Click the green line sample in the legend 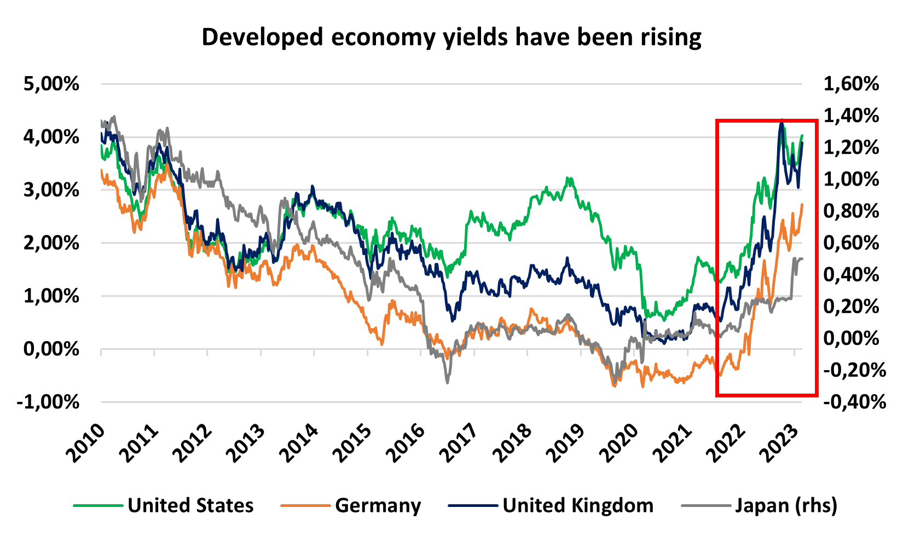(x=99, y=505)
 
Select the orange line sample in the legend (x=305, y=505)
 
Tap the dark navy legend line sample (x=473, y=505)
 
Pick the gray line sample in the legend (x=706, y=505)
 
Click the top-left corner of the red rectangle (x=717, y=120)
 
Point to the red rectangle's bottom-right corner (x=817, y=395)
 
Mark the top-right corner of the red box (x=817, y=120)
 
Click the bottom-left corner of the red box (x=717, y=395)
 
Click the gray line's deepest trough (x=447, y=382)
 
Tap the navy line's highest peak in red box (x=781, y=123)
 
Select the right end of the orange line (x=802, y=205)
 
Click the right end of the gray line (x=802, y=258)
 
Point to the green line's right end (x=802, y=135)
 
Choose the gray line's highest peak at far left (x=113, y=116)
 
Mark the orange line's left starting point (x=101, y=170)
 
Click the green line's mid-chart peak (x=569, y=178)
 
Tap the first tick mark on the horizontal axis (x=101, y=352)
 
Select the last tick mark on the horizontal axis (x=794, y=352)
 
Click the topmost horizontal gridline (x=451, y=84)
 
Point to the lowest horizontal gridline (x=451, y=402)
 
